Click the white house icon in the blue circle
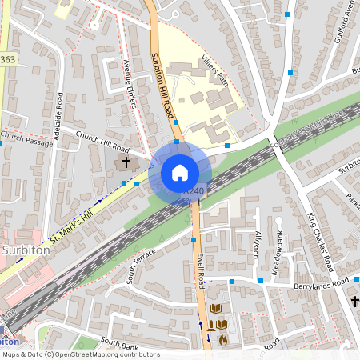pyautogui.click(x=180, y=173)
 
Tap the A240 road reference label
pyautogui.click(x=194, y=191)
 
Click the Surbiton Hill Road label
pyautogui.click(x=162, y=86)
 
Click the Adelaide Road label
pyautogui.click(x=58, y=116)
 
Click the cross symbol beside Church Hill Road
pyautogui.click(x=125, y=162)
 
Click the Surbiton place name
pyautogui.click(x=26, y=250)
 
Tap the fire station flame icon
pyautogui.click(x=223, y=339)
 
